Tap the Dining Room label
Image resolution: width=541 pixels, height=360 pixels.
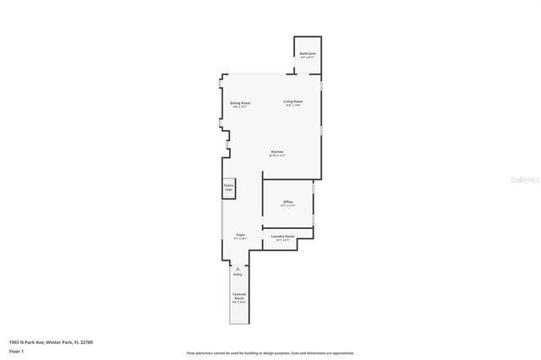point(240,103)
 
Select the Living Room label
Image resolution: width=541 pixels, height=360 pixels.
point(293,101)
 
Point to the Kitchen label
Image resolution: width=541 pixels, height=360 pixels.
point(277,152)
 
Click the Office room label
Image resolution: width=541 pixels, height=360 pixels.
point(287,201)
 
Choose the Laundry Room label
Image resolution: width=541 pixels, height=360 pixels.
point(282,236)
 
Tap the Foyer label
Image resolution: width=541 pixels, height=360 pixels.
point(240,235)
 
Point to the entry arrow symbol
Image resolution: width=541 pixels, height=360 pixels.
point(238,268)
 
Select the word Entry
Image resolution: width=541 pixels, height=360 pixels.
point(238,275)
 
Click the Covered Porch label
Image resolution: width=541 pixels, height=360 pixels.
point(239,297)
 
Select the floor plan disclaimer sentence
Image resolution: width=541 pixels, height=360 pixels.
point(270,352)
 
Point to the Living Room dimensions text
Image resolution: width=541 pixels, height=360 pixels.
point(293,106)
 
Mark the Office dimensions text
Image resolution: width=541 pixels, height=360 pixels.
point(287,205)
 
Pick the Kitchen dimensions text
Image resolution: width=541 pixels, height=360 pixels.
point(277,156)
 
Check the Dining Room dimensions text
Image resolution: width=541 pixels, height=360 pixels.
point(240,107)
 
